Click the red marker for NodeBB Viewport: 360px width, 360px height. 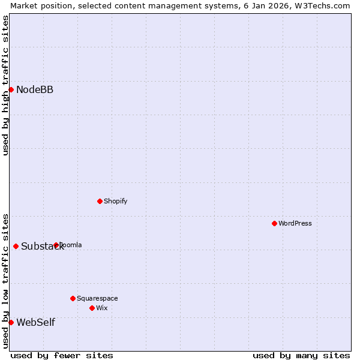point(11,89)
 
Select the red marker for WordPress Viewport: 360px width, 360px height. point(274,223)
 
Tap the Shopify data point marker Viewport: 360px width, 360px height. point(100,201)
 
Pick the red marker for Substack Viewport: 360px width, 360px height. point(16,246)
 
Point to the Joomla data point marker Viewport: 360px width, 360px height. point(56,245)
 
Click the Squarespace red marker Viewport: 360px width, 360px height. point(73,298)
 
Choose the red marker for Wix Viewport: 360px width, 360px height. point(92,308)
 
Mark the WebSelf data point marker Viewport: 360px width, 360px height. point(11,322)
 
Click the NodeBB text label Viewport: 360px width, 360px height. point(35,90)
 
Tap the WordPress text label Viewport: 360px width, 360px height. point(295,223)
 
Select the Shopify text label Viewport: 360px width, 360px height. point(116,201)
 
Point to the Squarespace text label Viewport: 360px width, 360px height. point(97,298)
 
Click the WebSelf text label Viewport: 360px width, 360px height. point(35,323)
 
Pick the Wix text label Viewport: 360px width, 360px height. point(102,308)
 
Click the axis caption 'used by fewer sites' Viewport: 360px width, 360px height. point(62,355)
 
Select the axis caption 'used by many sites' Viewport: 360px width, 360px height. point(301,355)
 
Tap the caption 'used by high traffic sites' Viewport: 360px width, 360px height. point(5,85)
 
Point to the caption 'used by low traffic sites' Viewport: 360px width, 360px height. point(5,280)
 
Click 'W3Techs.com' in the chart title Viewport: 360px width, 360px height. point(323,5)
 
